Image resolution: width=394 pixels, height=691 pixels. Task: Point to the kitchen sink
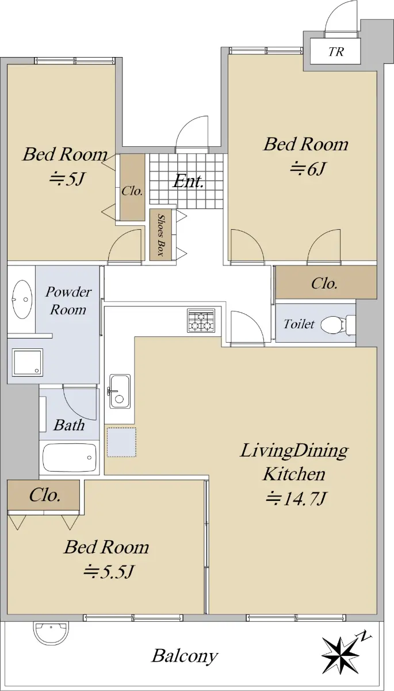120,391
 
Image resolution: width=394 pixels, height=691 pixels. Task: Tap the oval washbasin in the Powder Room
22,299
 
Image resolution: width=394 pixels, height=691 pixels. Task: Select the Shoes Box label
160,235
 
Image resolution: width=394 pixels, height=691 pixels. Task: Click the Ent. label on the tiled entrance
188,181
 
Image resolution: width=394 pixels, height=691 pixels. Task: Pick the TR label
336,51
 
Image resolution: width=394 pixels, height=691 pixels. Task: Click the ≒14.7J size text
295,499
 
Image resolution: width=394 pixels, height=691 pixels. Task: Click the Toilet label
299,324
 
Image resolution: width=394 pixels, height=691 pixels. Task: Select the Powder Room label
68,301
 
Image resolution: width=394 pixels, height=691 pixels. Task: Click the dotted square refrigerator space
121,442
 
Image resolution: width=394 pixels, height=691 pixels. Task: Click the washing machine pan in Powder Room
28,362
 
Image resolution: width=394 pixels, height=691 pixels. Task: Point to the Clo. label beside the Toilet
324,283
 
